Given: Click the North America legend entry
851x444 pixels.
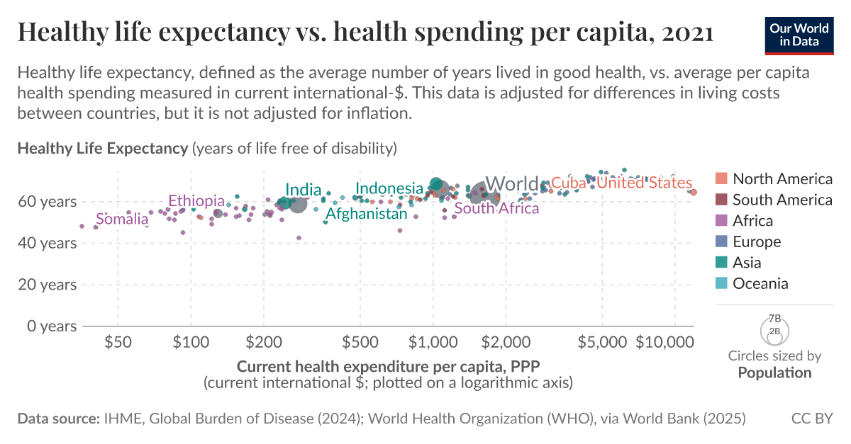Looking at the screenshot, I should (x=774, y=178).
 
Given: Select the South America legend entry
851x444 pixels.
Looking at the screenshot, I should (x=774, y=200).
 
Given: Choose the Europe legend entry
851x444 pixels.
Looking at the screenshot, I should (x=757, y=241).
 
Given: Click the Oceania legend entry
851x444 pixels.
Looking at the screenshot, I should (x=760, y=284).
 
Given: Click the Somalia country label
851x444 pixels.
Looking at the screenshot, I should (x=122, y=220).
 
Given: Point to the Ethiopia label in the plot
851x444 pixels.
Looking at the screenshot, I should (x=196, y=201).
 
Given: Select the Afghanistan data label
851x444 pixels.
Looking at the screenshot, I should (x=367, y=213).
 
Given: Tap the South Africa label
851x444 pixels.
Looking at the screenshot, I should (x=496, y=208).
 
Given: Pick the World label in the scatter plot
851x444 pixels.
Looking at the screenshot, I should (x=511, y=184).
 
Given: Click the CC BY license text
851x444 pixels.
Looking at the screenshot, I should (x=812, y=419).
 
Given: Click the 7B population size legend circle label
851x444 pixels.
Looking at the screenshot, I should (x=774, y=319).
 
